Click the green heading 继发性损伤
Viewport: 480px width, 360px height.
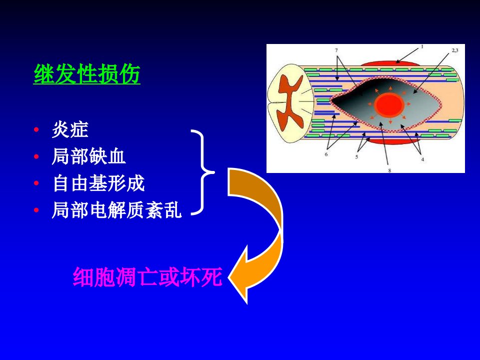click(87, 74)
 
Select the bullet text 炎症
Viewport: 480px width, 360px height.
click(70, 129)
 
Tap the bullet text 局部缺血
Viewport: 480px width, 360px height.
click(89, 156)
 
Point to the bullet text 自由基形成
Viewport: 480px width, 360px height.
click(98, 183)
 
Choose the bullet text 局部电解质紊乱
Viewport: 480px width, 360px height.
click(117, 210)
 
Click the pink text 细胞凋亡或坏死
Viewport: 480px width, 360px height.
click(147, 277)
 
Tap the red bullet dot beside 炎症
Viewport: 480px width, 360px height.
click(36, 130)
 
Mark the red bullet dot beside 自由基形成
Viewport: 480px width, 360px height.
click(36, 183)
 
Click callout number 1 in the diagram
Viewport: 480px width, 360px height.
click(422, 47)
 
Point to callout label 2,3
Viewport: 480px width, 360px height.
click(455, 50)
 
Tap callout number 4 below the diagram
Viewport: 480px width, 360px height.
click(422, 159)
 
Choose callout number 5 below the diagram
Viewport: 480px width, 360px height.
click(356, 157)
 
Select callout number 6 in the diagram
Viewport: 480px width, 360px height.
click(326, 154)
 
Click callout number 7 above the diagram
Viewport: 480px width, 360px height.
click(336, 50)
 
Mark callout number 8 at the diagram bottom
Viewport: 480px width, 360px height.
click(389, 170)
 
